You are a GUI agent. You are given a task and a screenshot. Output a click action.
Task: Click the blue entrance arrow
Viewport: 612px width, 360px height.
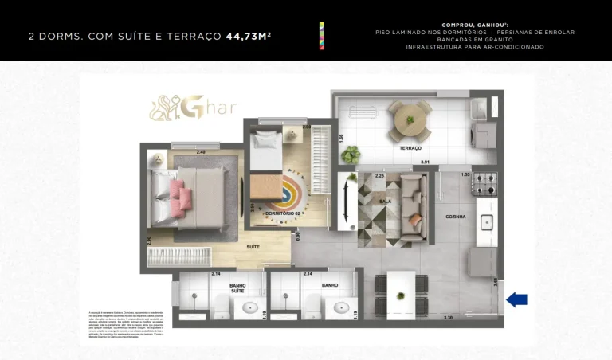click(x=517, y=299)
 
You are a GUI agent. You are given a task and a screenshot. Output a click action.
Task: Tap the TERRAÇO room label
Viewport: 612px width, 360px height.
click(x=410, y=148)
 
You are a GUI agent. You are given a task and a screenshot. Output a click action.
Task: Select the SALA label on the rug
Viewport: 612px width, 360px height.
click(x=385, y=202)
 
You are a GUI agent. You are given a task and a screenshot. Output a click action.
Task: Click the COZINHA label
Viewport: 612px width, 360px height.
click(x=456, y=217)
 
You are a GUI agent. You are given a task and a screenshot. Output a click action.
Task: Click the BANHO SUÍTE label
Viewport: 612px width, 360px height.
click(x=237, y=288)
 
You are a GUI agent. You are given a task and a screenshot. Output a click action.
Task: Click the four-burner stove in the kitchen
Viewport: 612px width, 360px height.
click(x=484, y=184)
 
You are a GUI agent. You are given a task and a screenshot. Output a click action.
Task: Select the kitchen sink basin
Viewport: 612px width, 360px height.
click(x=485, y=222)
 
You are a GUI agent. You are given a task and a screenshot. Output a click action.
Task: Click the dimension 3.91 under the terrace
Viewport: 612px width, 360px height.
click(x=426, y=162)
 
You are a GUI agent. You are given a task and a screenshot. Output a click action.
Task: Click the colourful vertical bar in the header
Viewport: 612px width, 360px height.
click(x=321, y=37)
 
